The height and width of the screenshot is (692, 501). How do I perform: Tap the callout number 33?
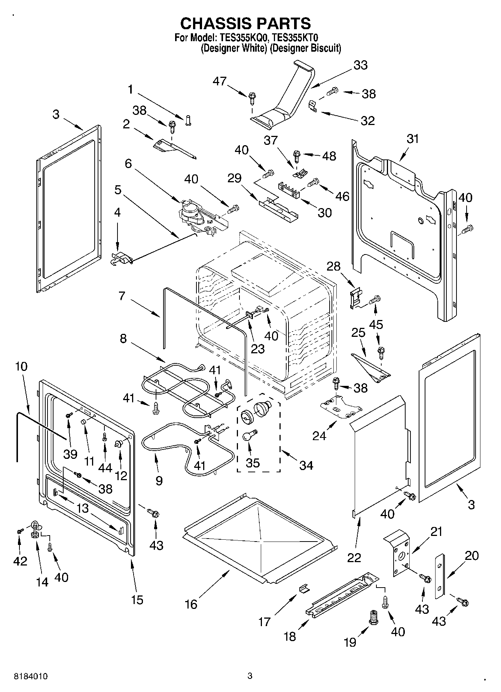point(360,65)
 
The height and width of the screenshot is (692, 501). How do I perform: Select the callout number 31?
point(413,139)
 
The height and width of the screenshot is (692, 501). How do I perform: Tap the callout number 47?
point(220,81)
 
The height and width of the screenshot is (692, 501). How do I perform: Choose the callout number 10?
point(21,366)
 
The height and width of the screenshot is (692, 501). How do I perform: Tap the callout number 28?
point(334,266)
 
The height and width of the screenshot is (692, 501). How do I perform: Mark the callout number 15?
point(137,600)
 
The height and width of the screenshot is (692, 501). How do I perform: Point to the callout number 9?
point(159,481)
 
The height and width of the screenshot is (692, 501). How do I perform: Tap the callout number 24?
point(319,436)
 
